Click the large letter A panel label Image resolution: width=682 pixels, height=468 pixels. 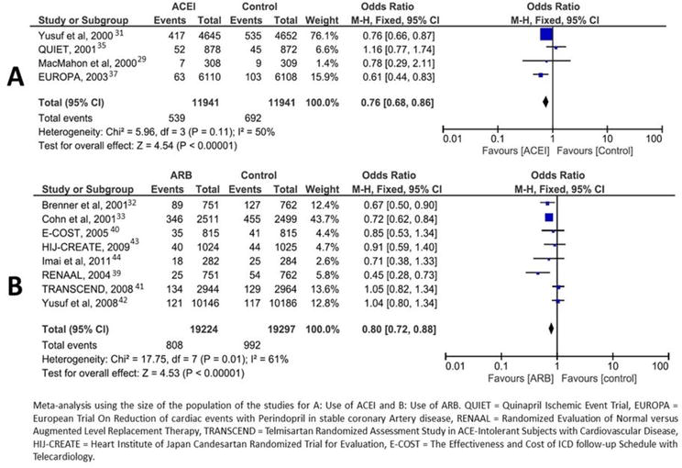[x=16, y=78]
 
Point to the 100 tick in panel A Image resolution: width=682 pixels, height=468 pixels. [x=654, y=138]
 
